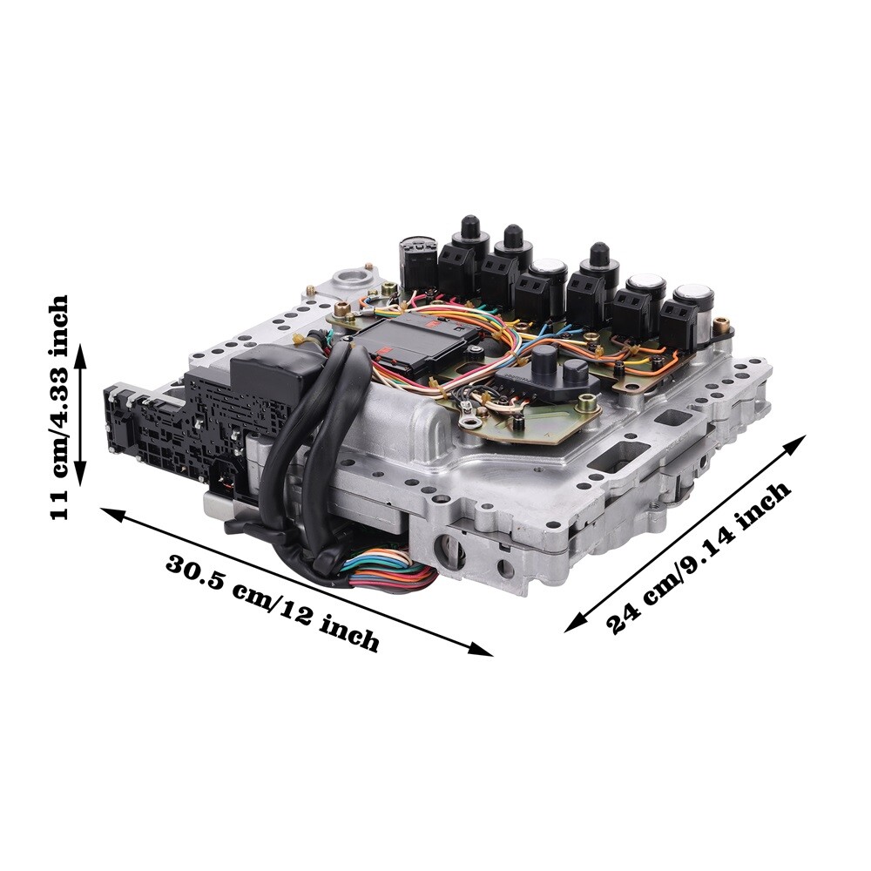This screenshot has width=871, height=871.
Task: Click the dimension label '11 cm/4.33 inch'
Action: coord(59,407)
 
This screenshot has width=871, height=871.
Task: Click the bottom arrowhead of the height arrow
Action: coord(81,473)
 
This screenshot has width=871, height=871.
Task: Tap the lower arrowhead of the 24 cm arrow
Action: coord(574,623)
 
